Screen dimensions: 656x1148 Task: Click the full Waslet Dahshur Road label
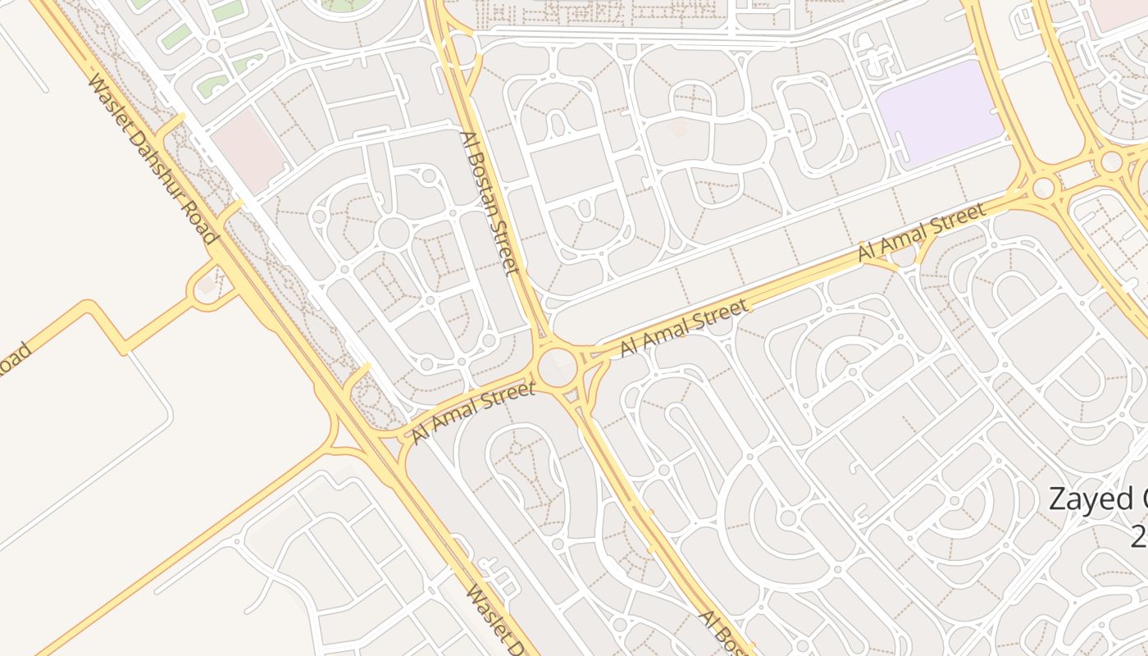[x=153, y=159]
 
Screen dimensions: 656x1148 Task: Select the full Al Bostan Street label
[x=489, y=203]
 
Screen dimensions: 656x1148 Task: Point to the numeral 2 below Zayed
[x=1138, y=536]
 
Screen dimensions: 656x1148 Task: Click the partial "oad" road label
[x=14, y=362]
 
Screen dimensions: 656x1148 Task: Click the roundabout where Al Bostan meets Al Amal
[x=558, y=365]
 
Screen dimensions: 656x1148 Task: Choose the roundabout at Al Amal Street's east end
[x=1043, y=188]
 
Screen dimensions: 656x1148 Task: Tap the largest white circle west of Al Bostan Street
[x=394, y=233]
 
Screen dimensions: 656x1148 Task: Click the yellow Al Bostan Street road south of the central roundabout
[x=623, y=484]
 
